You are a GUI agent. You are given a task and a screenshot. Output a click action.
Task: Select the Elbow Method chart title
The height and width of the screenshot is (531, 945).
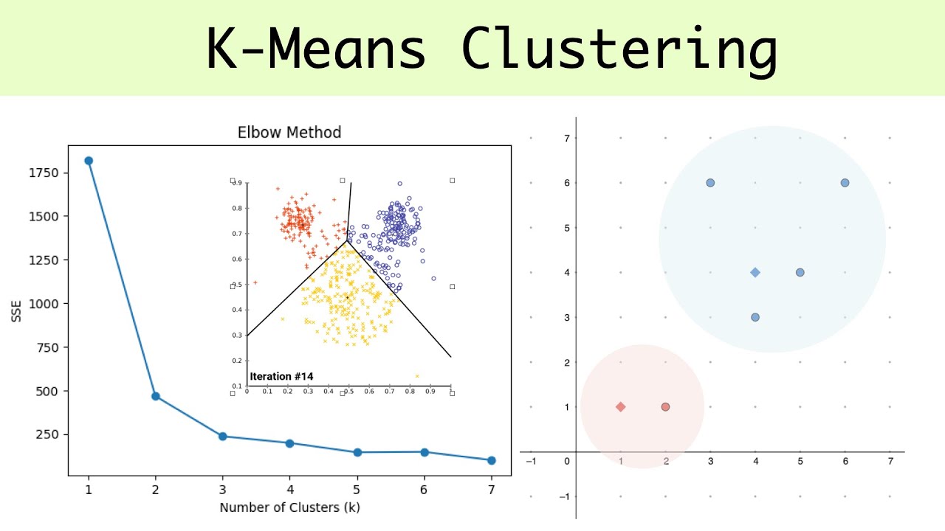[x=289, y=133]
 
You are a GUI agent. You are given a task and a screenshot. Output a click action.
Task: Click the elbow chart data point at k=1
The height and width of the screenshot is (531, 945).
[x=89, y=161]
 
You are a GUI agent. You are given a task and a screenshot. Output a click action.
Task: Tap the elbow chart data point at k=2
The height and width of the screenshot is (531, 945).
[x=156, y=396]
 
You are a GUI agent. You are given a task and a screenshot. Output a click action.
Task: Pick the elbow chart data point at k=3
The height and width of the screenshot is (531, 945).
[x=223, y=437]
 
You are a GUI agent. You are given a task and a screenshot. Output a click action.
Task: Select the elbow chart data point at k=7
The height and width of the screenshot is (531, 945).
[x=491, y=460]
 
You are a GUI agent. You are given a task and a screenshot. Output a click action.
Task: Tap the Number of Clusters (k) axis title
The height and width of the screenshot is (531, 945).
[x=289, y=507]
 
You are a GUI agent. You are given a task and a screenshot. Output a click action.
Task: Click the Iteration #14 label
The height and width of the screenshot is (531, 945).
[x=281, y=376]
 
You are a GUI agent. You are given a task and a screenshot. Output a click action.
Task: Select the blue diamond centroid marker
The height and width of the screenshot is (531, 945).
[x=755, y=273]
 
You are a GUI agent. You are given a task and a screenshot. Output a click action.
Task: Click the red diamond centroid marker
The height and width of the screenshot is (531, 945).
[x=620, y=407]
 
